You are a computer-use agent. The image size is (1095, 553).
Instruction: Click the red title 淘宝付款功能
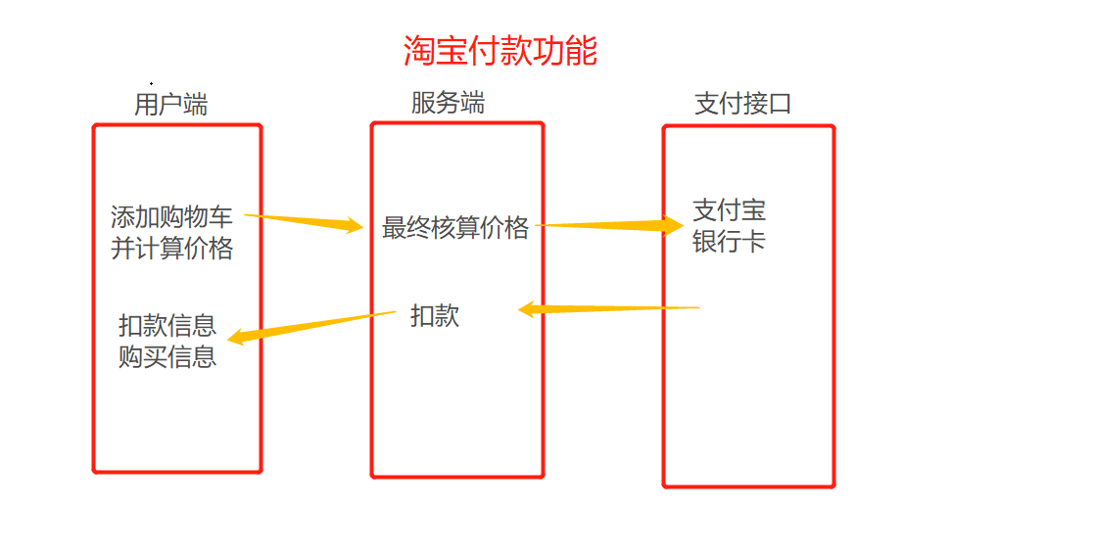click(x=500, y=51)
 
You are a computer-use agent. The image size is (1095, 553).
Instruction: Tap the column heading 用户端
click(x=170, y=105)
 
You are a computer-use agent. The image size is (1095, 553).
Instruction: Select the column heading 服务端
click(x=448, y=103)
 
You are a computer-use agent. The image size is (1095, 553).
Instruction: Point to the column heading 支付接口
click(x=742, y=104)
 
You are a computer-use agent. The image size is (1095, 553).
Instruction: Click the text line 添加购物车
click(x=171, y=217)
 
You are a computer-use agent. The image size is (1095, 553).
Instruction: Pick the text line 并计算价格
click(x=171, y=249)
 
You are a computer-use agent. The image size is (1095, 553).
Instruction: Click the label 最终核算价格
click(x=455, y=228)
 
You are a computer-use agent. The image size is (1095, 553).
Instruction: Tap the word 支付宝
click(x=729, y=210)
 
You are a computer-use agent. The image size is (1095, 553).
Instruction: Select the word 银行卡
click(x=729, y=242)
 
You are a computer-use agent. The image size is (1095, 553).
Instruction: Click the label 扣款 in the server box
click(x=435, y=316)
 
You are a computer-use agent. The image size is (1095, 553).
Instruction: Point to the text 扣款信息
click(x=167, y=325)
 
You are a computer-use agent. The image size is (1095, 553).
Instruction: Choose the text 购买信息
click(x=167, y=356)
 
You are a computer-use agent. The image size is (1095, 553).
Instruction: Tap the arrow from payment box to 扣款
click(x=612, y=309)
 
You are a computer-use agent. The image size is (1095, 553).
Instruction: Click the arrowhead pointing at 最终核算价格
click(x=353, y=226)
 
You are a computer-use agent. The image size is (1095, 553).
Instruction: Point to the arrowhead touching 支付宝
click(x=673, y=226)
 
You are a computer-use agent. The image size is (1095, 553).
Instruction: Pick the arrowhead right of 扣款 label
click(x=526, y=310)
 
